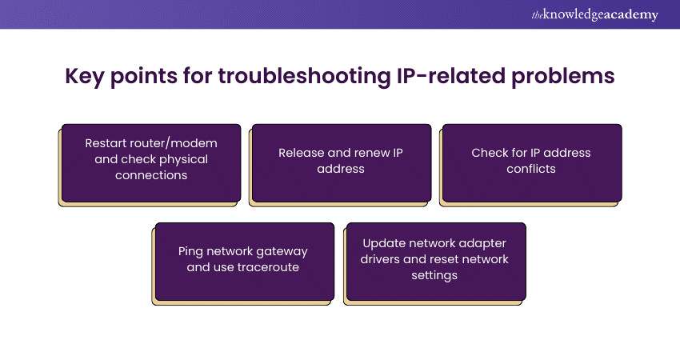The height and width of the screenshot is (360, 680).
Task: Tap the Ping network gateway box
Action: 244,261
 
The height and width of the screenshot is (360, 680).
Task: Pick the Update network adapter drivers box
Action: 436,261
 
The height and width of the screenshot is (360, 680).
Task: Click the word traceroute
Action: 269,267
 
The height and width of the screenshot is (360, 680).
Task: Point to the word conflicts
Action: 531,170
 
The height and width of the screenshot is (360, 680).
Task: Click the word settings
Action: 436,275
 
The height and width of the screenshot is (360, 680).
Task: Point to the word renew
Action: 367,152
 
